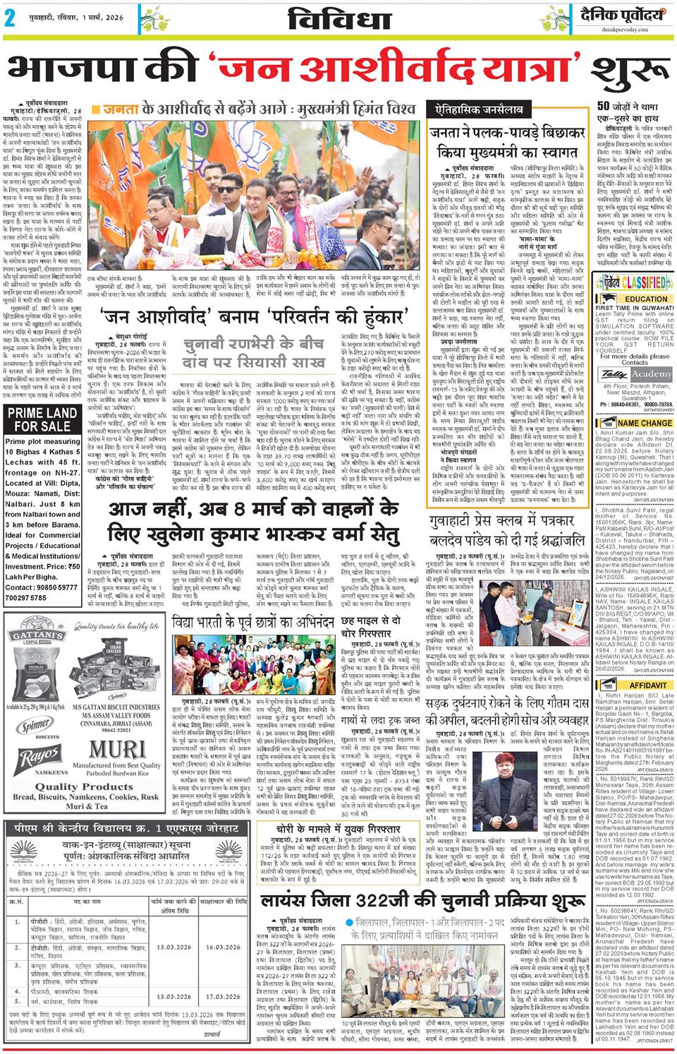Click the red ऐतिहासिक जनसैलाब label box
(x=472, y=109)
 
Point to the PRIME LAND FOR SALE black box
(x=42, y=419)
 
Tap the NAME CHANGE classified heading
(x=635, y=424)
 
